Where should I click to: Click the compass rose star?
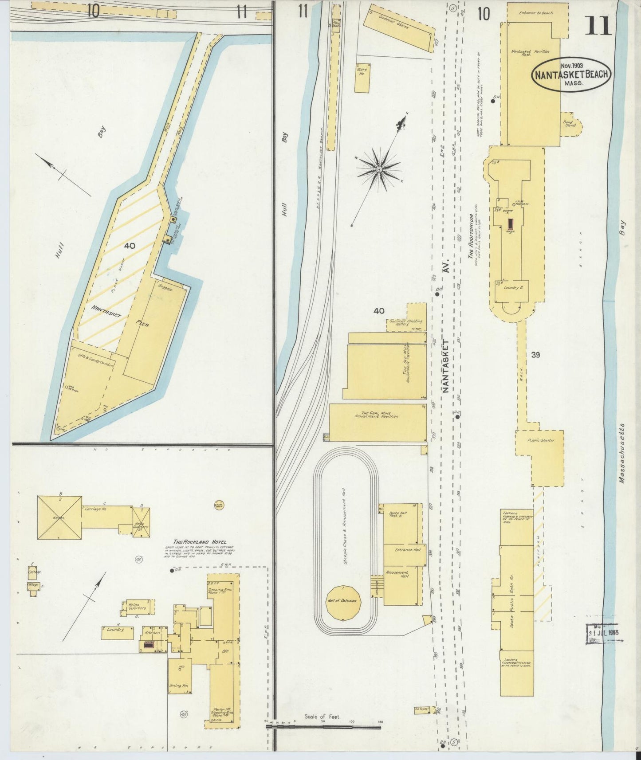click(x=379, y=169)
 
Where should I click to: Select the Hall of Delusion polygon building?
click(x=344, y=603)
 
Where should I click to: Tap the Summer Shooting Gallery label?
click(x=405, y=323)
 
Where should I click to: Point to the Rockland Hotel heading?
click(x=200, y=542)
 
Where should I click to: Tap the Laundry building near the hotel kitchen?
click(x=117, y=633)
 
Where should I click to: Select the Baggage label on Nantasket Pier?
click(x=165, y=289)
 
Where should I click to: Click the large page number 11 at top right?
click(x=598, y=25)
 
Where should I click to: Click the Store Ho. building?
click(x=362, y=78)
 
